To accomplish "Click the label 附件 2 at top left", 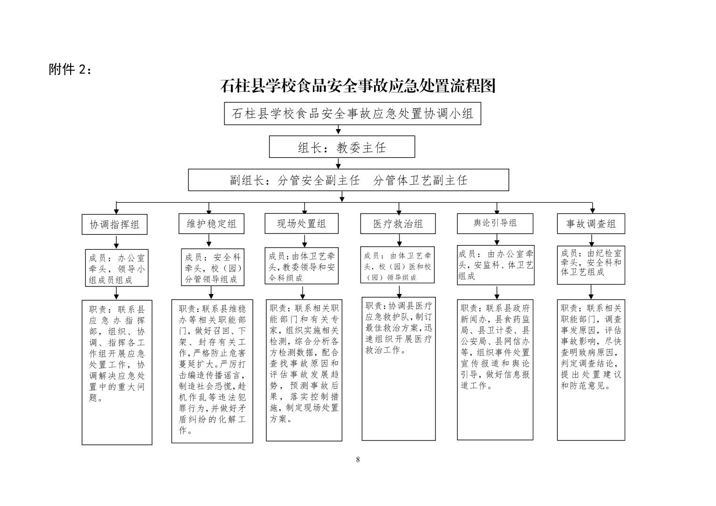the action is [70, 69].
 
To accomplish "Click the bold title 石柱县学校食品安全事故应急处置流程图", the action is [358, 86].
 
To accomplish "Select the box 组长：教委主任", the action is [342, 147].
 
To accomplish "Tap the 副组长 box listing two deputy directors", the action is [349, 180].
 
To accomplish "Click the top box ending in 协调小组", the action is [352, 114].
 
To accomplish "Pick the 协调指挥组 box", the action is [114, 224].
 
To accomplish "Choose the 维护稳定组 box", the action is [212, 224].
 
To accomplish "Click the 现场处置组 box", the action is [301, 223].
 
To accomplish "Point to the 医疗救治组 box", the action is [398, 224].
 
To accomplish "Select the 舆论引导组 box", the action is [495, 223].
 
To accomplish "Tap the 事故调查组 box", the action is [591, 224].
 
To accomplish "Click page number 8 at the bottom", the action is [358, 460].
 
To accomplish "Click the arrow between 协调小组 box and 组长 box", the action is [338, 130].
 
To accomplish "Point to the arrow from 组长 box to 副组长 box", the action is [338, 163].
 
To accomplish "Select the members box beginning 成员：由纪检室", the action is [591, 265].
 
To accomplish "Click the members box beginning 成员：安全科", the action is [212, 267].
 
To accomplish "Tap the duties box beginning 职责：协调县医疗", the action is [399, 369].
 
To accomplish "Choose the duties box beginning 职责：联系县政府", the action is [495, 369].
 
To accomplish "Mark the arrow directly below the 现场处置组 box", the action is [304, 241].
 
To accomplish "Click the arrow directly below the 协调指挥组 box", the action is [116, 242].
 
